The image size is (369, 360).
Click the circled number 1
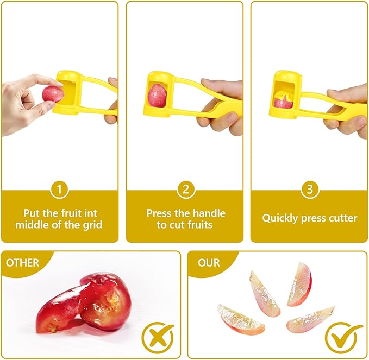tap(59, 190)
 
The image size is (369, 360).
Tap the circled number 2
tap(185, 190)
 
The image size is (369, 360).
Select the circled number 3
tap(310, 190)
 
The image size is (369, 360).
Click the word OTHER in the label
tap(23, 263)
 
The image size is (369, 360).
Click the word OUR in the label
tap(209, 263)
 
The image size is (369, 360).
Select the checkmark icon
tap(343, 337)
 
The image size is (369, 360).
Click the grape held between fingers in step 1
tap(53, 93)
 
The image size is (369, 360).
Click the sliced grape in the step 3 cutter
tap(283, 101)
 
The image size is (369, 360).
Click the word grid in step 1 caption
tap(92, 224)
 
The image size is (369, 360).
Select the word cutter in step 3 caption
tap(342, 218)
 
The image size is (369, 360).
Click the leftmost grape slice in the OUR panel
tap(241, 319)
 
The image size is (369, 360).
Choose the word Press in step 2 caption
tap(159, 213)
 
